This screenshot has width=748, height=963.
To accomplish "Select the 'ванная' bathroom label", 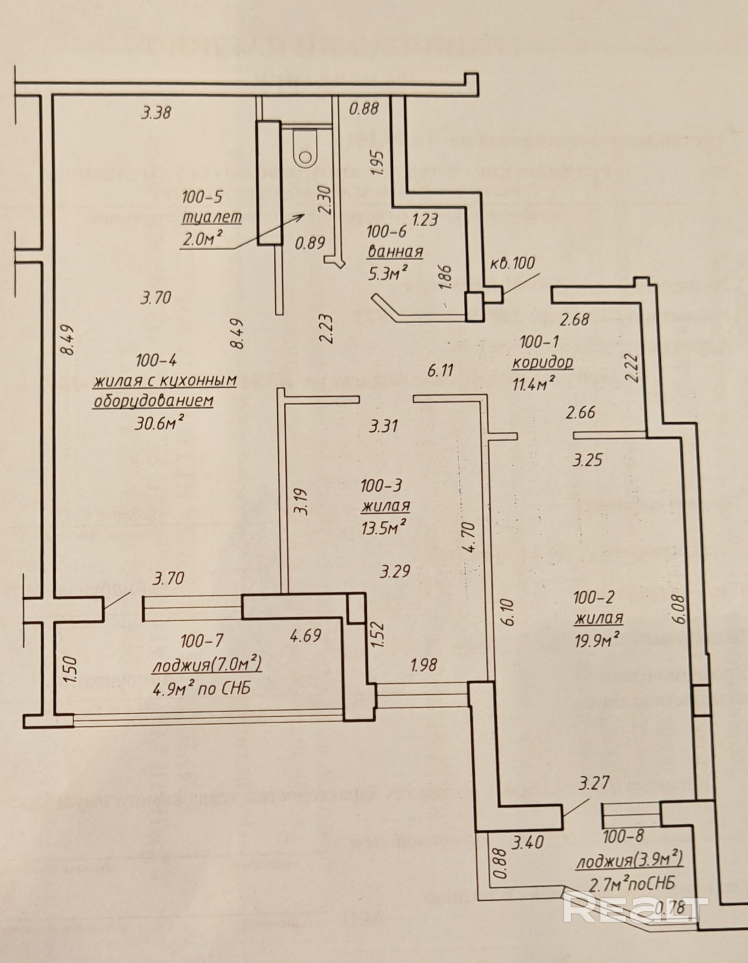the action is point(395,252).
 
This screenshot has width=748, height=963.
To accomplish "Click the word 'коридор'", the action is point(542,362).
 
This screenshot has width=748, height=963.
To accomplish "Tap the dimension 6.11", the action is point(440,370).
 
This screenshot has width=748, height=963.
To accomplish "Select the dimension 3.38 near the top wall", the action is point(156,113).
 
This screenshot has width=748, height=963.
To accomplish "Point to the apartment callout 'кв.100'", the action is point(513,263).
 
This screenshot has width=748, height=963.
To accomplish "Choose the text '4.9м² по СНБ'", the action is point(201,688).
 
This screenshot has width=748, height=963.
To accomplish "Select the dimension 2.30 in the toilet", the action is point(325,200).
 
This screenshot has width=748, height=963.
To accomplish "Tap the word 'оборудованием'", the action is point(153,401).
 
